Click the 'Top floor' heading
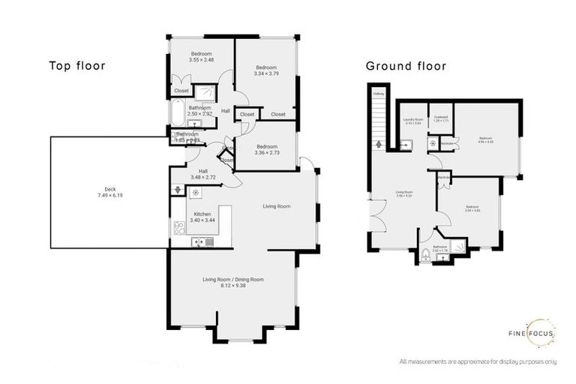76,65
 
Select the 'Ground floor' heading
406,66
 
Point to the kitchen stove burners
179,228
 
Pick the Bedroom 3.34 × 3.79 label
265,70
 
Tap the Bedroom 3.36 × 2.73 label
266,150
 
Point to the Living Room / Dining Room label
232,283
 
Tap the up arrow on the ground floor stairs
377,144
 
